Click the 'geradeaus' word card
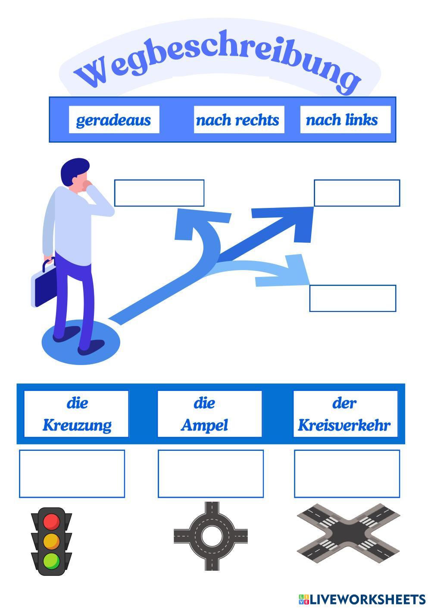tap(114, 119)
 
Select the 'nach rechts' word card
tap(239, 119)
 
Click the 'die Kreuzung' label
tap(76, 414)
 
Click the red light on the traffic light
tap(51, 521)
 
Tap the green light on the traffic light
tap(51, 560)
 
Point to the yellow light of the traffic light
tap(51, 541)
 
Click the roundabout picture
tap(211, 536)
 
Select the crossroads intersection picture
tap(348, 533)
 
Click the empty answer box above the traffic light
tap(72, 474)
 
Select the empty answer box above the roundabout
tap(210, 474)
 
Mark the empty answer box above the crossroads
tap(347, 474)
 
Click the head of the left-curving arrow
tap(190, 222)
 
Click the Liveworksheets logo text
tap(367, 599)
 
